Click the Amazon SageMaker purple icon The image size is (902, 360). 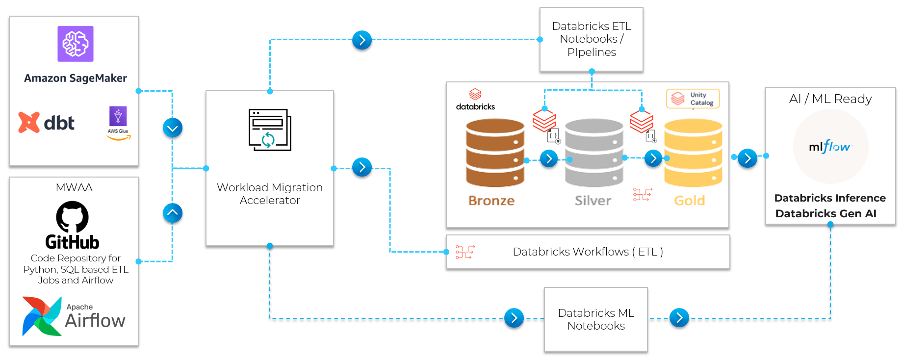[75, 44]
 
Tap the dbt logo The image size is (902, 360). [47, 123]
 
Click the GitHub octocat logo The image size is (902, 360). [73, 217]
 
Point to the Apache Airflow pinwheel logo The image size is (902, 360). [42, 316]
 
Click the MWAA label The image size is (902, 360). [74, 187]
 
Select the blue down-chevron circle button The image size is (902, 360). [173, 128]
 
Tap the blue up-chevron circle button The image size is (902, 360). [173, 213]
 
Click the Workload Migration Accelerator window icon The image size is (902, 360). [270, 130]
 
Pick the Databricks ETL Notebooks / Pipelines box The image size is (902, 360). [591, 39]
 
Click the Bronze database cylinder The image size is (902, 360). [495, 153]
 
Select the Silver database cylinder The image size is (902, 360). [593, 153]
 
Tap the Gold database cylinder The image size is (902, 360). [693, 153]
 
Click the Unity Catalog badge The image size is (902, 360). [693, 99]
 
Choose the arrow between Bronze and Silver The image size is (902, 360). [549, 158]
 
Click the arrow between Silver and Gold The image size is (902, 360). [653, 158]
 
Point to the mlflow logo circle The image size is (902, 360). [830, 147]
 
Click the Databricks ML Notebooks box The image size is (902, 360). [595, 319]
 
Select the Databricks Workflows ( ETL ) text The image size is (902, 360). [588, 252]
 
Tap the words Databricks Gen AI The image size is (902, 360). [825, 213]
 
